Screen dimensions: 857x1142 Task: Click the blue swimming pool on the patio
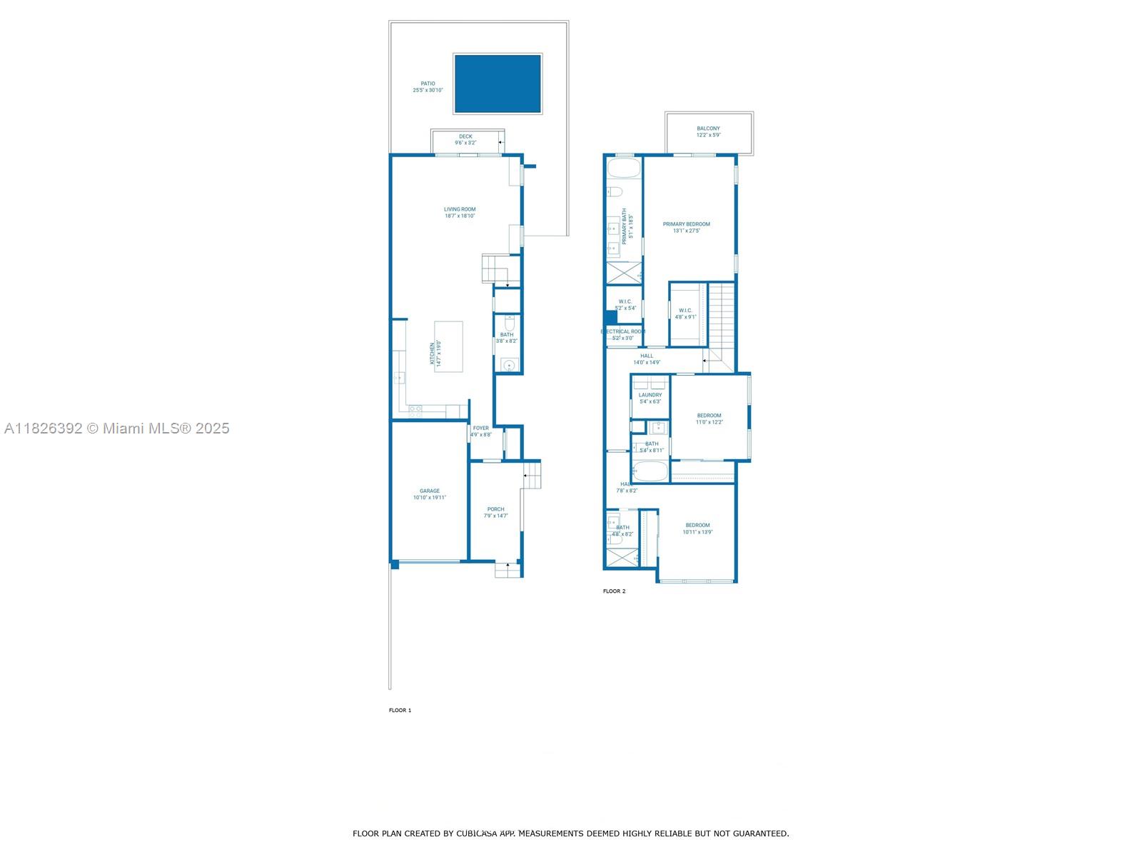[x=497, y=84]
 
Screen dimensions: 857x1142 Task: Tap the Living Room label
[x=460, y=209]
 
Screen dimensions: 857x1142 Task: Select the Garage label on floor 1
[x=430, y=491]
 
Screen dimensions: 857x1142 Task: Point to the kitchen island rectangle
[x=449, y=346]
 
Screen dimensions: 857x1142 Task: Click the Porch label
[x=496, y=509]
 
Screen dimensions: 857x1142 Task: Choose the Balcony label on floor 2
[x=709, y=129]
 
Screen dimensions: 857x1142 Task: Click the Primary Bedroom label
[x=687, y=224]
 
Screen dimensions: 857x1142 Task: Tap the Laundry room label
[x=650, y=395]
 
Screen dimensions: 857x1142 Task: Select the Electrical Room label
[x=623, y=331]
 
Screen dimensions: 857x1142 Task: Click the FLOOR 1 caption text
[x=400, y=711]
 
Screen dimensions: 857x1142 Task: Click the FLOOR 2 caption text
[x=614, y=591]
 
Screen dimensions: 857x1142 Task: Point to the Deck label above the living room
[x=465, y=136]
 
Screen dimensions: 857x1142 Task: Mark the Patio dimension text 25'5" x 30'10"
[x=428, y=91]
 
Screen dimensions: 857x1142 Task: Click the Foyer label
[x=481, y=428]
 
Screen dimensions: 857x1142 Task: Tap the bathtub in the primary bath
[x=624, y=169]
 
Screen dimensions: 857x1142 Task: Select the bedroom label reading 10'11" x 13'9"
[x=697, y=532]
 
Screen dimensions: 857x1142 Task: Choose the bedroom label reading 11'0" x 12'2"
[x=709, y=422]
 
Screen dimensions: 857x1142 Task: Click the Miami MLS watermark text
[x=116, y=428]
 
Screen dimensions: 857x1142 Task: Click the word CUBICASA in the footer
[x=477, y=833]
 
